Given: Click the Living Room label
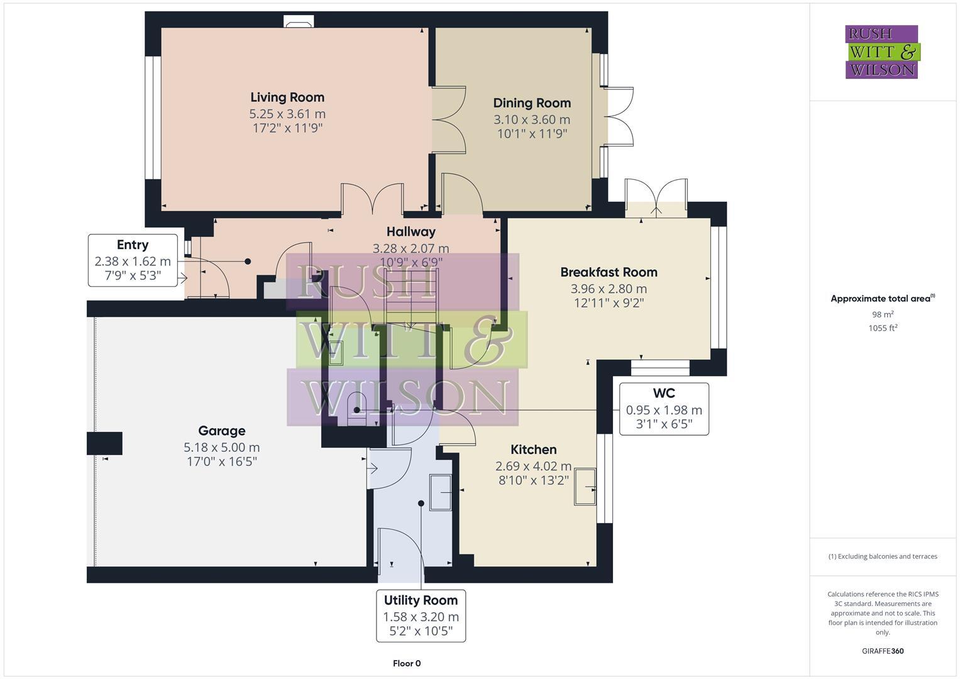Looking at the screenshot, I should tap(287, 97).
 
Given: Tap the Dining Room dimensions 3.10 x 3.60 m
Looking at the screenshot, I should tap(531, 119).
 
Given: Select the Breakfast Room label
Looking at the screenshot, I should tap(609, 272).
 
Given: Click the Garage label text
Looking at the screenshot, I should tap(221, 431).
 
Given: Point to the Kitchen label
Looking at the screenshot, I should tap(533, 450).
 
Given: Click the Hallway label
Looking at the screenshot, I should tap(411, 232).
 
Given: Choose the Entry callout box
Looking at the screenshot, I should tap(133, 260).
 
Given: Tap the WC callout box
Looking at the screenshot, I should tap(664, 409).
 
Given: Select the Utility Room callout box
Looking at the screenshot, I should tap(421, 616).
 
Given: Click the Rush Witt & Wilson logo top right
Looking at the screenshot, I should tap(881, 52).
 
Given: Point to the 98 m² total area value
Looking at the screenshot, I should tap(883, 314).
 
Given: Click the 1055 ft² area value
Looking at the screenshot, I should tap(883, 328).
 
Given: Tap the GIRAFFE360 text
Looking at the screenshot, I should tap(883, 651).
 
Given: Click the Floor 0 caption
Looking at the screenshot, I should tap(407, 663).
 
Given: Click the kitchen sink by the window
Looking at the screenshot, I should tap(585, 487).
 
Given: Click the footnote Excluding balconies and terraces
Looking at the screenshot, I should tap(883, 556).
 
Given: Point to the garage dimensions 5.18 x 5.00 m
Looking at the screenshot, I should tap(221, 448).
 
